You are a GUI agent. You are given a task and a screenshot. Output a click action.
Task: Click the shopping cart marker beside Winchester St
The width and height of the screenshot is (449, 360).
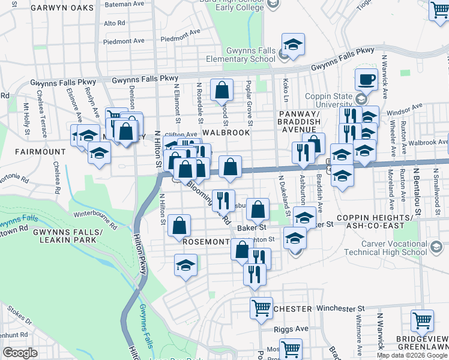[x=261, y=308]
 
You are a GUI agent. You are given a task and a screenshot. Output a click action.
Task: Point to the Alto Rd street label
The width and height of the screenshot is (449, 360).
[x=114, y=23]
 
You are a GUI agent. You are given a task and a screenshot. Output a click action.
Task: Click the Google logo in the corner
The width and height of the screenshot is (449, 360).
[x=20, y=353]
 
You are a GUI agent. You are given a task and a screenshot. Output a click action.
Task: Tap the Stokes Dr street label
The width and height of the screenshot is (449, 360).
[x=19, y=314]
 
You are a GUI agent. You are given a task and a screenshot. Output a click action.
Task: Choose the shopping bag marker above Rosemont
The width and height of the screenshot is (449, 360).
[x=179, y=226]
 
